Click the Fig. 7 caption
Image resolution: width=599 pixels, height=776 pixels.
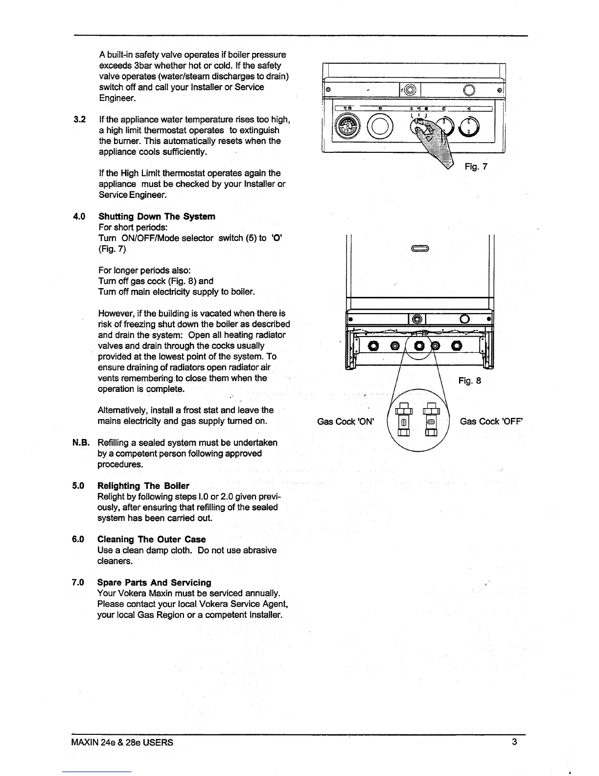click(x=476, y=167)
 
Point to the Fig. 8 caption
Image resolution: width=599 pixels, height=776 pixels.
click(x=470, y=380)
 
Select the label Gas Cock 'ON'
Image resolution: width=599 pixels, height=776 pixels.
click(x=346, y=421)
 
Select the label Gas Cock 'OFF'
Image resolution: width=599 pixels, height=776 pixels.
click(x=492, y=421)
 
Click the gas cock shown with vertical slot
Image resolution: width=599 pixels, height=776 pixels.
click(x=404, y=422)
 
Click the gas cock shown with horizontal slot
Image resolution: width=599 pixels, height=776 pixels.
click(x=431, y=422)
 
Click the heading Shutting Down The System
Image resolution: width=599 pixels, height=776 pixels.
click(x=157, y=217)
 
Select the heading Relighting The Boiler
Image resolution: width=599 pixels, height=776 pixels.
click(x=143, y=486)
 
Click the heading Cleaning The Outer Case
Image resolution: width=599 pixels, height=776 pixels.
click(x=151, y=539)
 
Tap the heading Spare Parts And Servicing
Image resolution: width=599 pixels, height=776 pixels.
click(x=154, y=582)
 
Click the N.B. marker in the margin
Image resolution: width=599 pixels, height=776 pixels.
click(x=81, y=443)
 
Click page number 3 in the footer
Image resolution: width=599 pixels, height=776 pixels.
click(x=514, y=742)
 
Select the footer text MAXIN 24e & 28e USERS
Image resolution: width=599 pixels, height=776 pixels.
click(x=122, y=742)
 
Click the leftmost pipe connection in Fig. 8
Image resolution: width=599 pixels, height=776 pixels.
click(x=374, y=346)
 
